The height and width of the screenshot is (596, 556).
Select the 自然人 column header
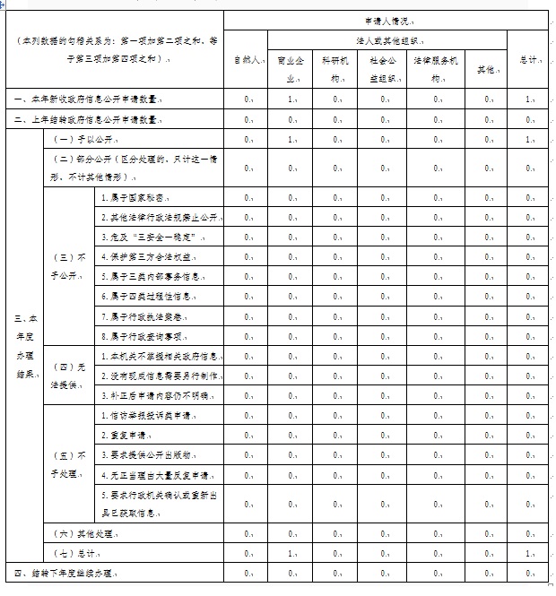point(246,60)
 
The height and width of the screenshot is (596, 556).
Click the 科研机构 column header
point(336,69)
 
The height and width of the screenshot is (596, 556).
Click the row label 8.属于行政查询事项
point(143,336)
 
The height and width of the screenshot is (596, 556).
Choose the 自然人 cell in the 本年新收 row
point(247,99)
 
